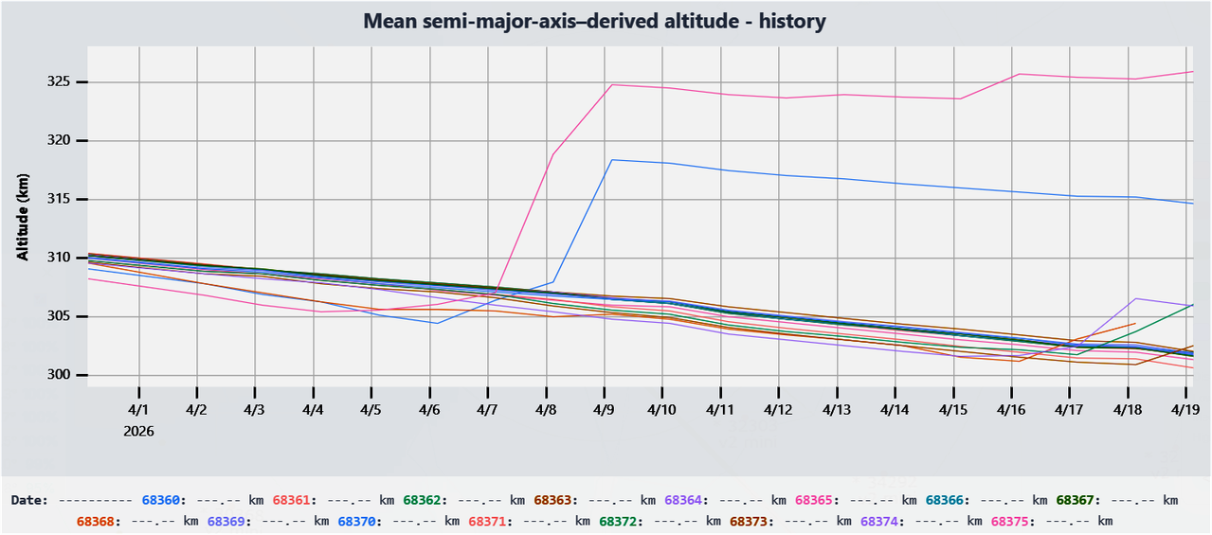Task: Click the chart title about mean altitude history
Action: [595, 21]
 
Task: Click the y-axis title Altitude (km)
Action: [23, 217]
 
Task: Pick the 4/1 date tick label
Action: [138, 410]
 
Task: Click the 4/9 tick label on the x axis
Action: [605, 410]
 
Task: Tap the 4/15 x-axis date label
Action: [953, 410]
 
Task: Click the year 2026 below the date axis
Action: [138, 431]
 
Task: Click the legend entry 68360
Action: [159, 500]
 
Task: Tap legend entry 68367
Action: [1075, 500]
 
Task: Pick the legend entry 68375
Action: [1009, 521]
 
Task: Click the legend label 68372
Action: [617, 521]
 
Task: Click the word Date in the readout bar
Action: [28, 500]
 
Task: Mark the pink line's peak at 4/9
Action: [612, 84]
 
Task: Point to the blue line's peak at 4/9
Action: [612, 159]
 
